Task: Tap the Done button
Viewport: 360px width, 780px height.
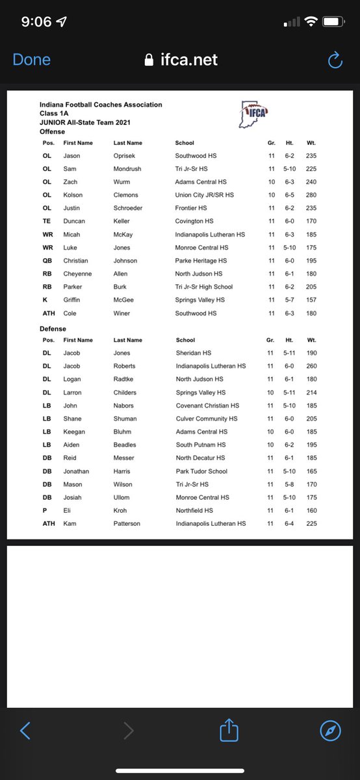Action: [31, 60]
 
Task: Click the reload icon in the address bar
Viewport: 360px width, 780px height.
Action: [335, 60]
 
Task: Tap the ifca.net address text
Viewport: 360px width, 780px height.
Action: [189, 60]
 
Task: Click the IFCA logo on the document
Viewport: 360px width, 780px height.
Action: [255, 111]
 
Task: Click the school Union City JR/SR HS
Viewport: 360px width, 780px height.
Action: [204, 195]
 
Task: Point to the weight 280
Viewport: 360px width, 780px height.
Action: [311, 195]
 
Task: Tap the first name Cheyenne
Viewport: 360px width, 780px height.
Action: [77, 274]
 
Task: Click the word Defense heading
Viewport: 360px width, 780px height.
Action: [53, 329]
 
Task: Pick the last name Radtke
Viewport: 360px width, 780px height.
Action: [125, 379]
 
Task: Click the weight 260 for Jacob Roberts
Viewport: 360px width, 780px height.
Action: [311, 366]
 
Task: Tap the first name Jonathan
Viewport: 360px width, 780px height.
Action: [77, 471]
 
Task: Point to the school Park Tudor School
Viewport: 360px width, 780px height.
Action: [201, 471]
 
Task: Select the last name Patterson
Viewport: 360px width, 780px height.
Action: [127, 523]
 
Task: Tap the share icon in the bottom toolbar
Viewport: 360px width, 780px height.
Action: [229, 731]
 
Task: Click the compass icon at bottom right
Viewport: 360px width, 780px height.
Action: [331, 731]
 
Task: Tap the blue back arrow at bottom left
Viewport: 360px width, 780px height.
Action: [25, 731]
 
